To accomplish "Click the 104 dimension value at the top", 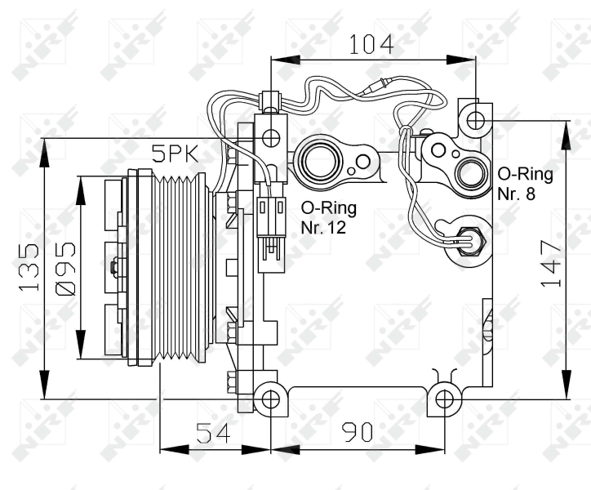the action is (x=371, y=44).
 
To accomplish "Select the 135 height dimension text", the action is (x=29, y=267).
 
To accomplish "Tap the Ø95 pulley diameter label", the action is (x=65, y=269).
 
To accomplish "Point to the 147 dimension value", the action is (x=552, y=263).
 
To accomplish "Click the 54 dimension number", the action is (x=213, y=433).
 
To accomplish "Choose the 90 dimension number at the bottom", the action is (x=357, y=432).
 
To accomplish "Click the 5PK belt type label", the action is (x=175, y=154).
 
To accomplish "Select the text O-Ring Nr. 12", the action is (x=329, y=218).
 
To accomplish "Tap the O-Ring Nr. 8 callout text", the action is (x=525, y=184).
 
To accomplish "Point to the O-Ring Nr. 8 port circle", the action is (x=471, y=174).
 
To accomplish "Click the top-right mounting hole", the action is (x=476, y=120).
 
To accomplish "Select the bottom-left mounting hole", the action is (x=271, y=399).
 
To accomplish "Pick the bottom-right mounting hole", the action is (x=444, y=399).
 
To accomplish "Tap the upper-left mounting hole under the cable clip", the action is (x=271, y=138).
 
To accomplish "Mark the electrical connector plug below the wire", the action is (x=271, y=228).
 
